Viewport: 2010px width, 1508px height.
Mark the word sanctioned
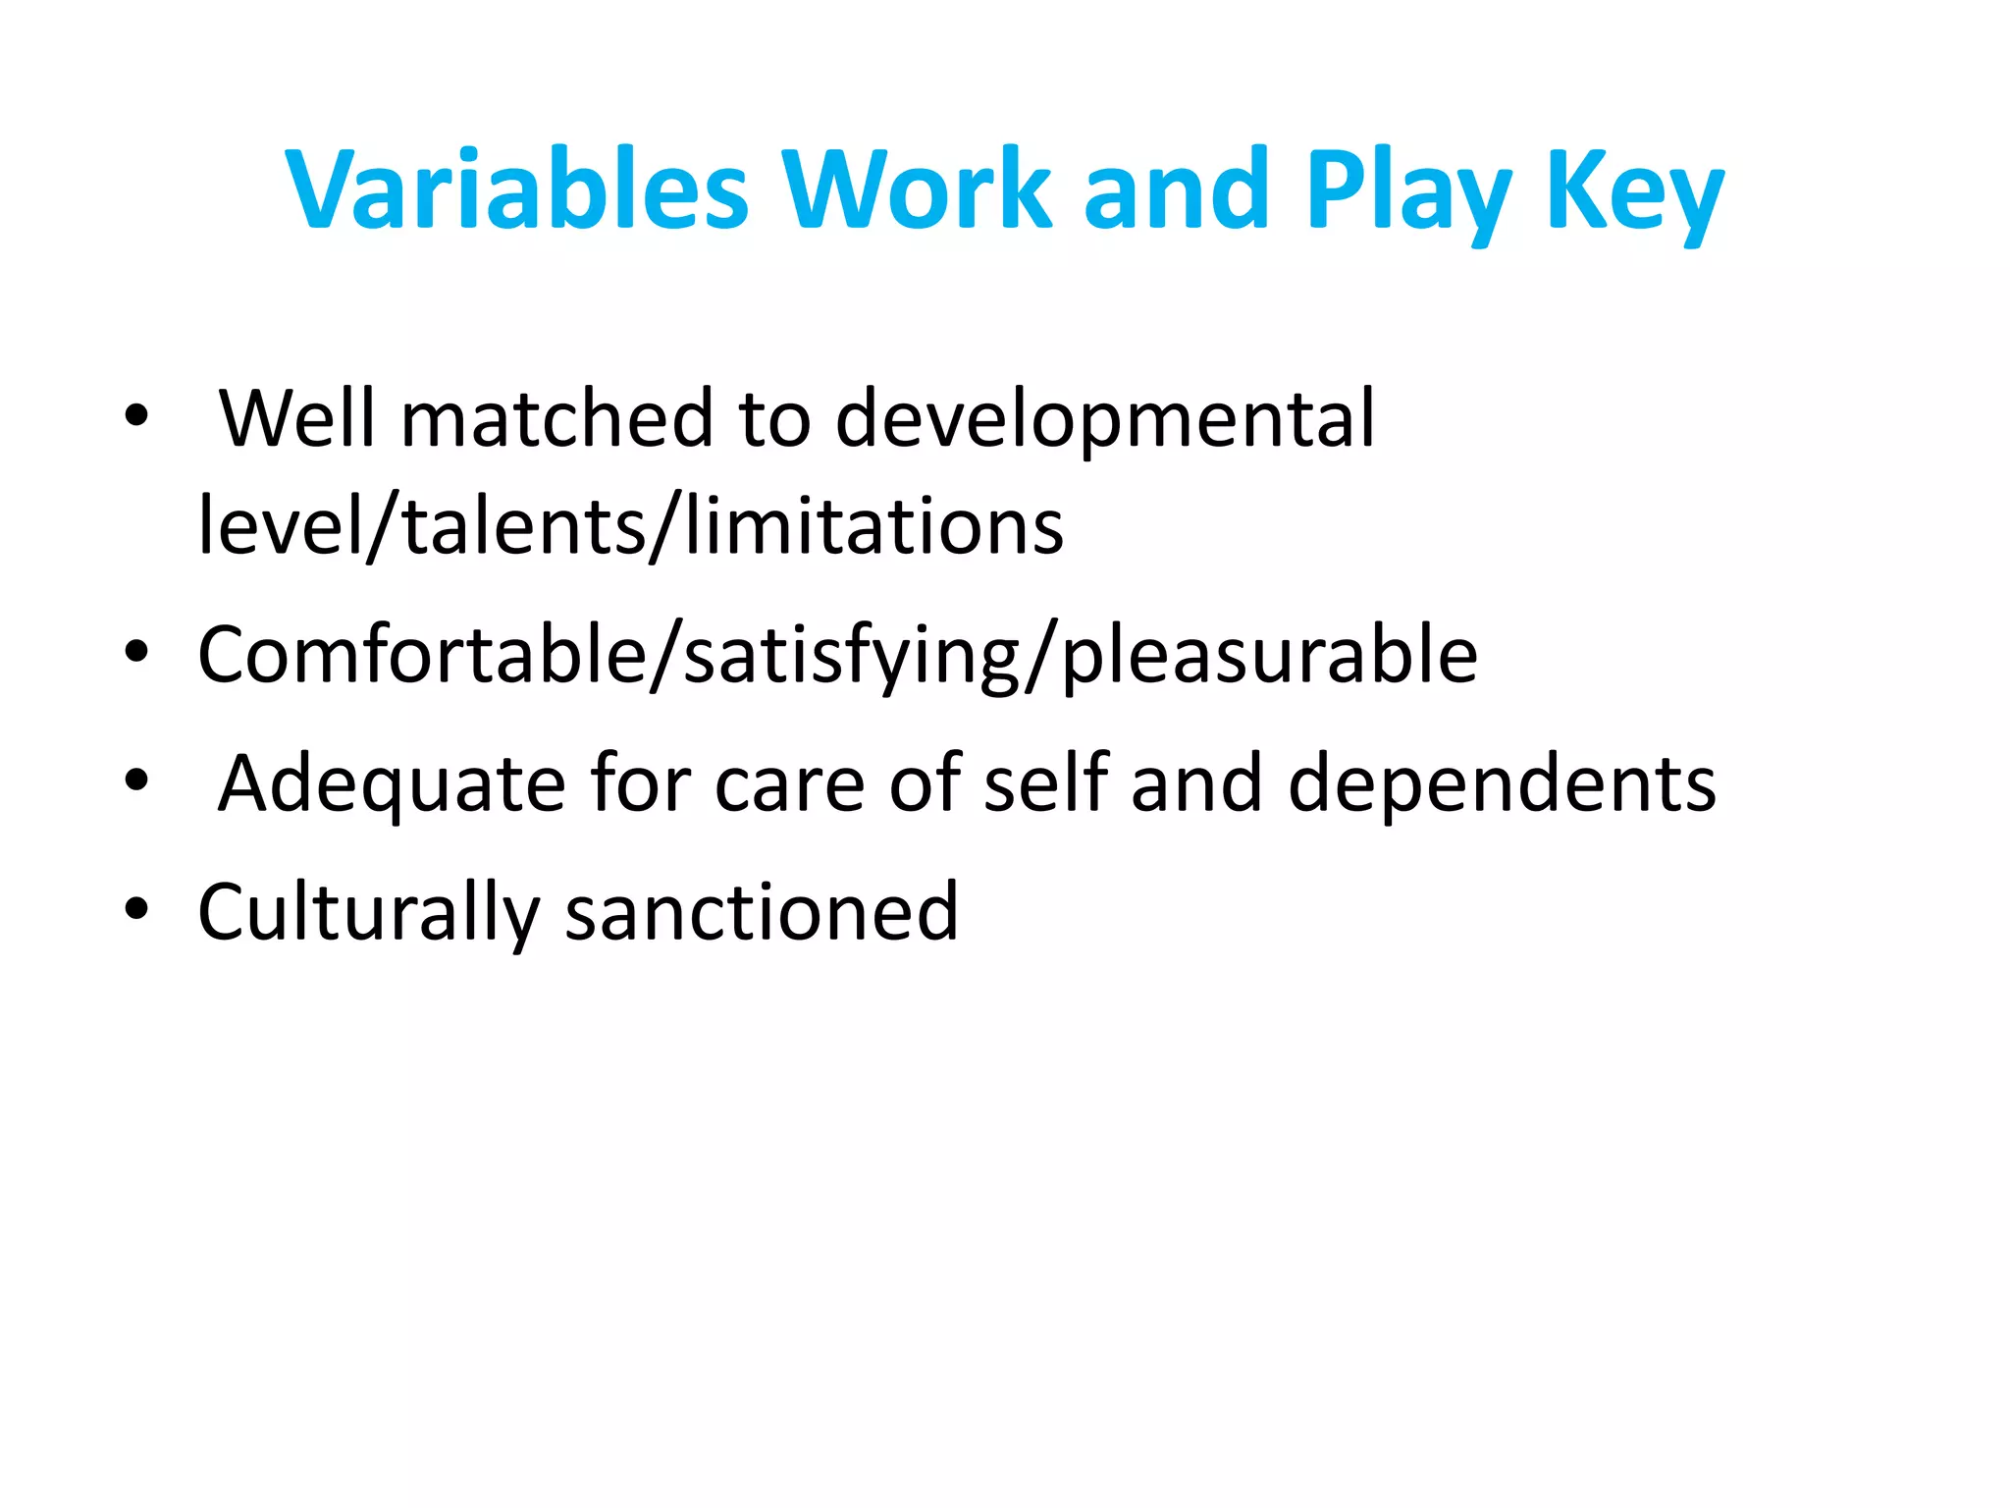coord(762,912)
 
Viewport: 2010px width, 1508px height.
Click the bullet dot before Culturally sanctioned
coord(136,908)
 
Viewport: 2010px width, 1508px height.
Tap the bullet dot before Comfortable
coord(136,652)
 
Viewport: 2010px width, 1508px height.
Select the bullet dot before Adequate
coord(136,781)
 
